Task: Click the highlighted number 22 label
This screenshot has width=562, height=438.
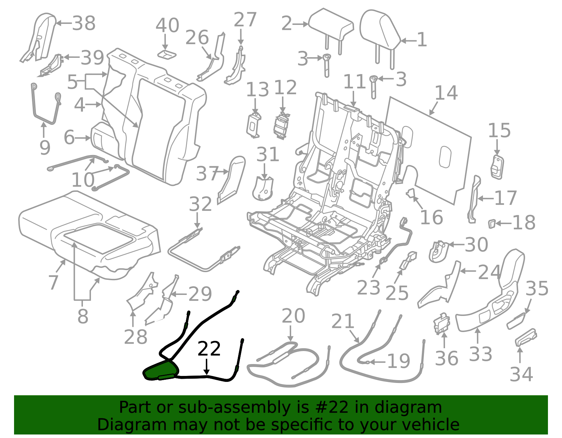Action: tap(209, 349)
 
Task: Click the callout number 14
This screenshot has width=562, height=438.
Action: tap(446, 93)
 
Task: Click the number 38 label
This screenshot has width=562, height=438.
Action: tap(84, 23)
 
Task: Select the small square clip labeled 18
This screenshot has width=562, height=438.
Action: tap(492, 223)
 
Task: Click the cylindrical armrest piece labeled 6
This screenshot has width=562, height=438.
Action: tap(102, 137)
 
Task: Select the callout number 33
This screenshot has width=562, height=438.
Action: tap(481, 354)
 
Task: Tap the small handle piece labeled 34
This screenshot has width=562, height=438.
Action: tap(526, 337)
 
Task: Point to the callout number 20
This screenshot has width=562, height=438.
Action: tap(293, 316)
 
